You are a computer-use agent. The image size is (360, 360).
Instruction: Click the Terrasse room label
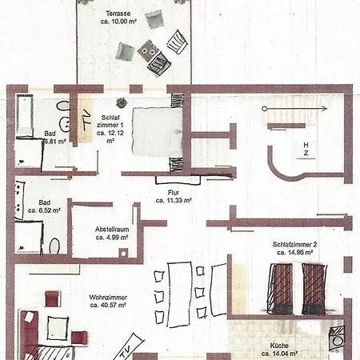pos(118,14)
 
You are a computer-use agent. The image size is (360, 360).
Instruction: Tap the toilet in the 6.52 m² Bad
pos(54,243)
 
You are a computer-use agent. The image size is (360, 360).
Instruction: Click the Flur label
pos(173,193)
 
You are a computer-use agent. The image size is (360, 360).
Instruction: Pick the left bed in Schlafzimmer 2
pos(281,286)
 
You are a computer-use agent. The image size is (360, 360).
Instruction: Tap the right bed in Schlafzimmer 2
pos(314,286)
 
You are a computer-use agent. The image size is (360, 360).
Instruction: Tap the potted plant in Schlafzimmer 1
pos(122,102)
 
